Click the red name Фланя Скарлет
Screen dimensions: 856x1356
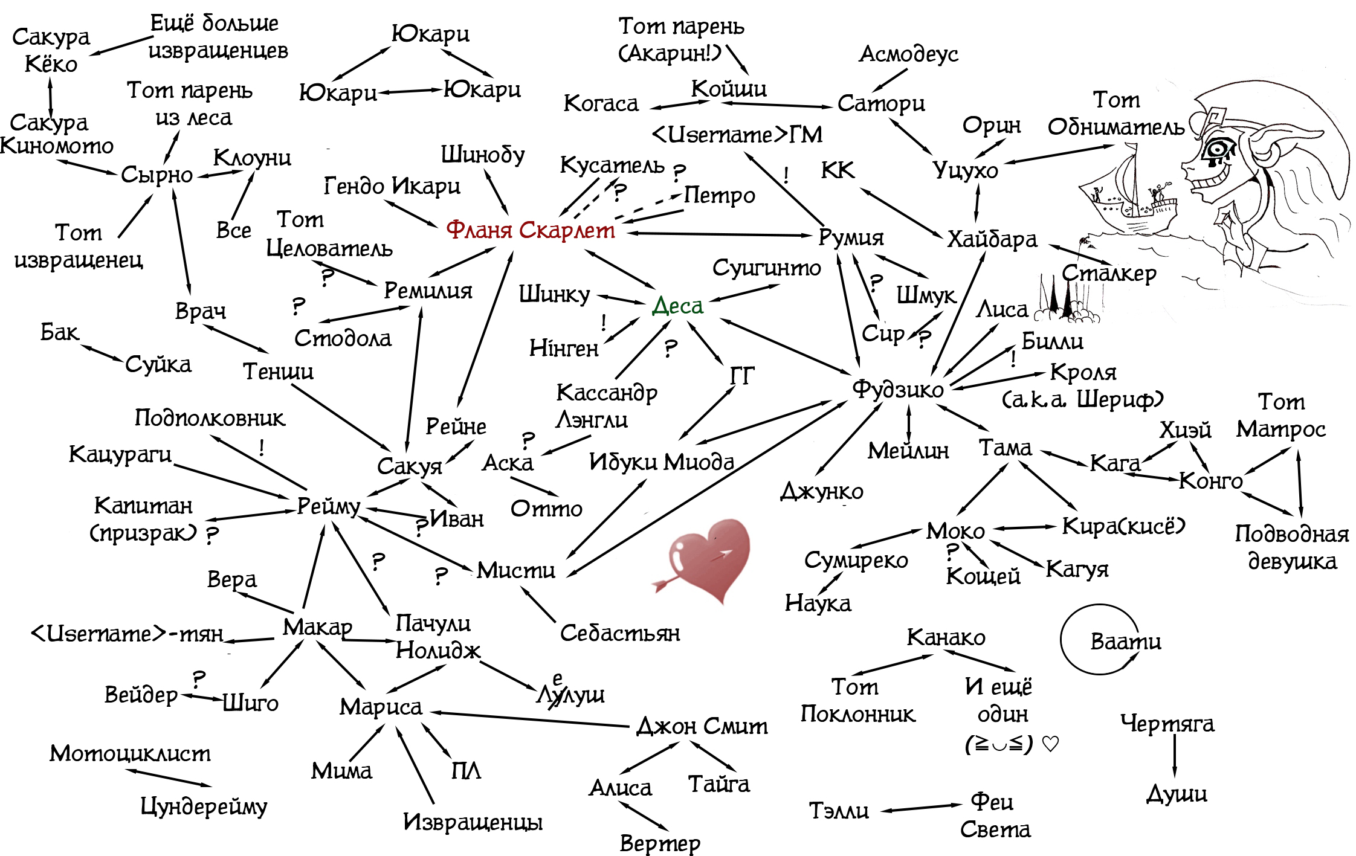530,230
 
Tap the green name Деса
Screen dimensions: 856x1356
677,306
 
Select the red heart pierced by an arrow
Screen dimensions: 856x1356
708,558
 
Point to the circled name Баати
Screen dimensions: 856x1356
1125,641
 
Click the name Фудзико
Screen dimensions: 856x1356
897,389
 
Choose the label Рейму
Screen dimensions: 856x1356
328,506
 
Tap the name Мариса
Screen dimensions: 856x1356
380,707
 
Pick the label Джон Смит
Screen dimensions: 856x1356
702,726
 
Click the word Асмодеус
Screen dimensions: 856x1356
908,54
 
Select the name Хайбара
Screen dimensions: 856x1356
992,240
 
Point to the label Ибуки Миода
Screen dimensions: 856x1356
661,462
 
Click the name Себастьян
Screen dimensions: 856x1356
619,633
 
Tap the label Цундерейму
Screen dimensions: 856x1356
204,806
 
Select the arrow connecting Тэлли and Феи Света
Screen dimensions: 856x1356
920,808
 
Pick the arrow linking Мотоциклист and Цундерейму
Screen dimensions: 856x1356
169,778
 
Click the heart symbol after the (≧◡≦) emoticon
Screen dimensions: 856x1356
1050,744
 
